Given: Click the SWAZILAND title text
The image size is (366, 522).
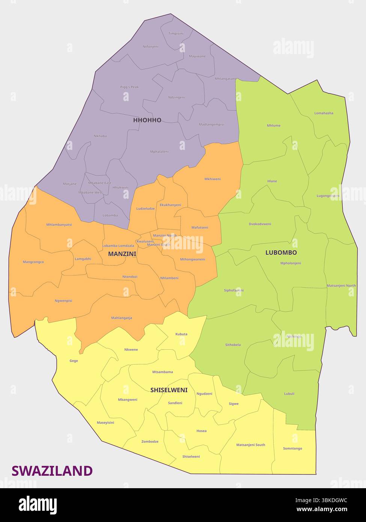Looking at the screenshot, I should [x=52, y=471].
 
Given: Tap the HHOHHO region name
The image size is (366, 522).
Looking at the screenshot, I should [x=147, y=120].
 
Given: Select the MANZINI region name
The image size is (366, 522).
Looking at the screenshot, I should [x=122, y=254].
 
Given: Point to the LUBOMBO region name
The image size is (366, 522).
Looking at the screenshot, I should [x=281, y=253].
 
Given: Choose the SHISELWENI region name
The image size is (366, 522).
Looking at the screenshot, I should [x=169, y=390].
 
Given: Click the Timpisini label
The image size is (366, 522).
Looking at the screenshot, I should [x=176, y=33].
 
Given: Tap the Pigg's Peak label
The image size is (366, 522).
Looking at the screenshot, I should [x=130, y=87].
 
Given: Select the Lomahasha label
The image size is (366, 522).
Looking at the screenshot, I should [x=324, y=113].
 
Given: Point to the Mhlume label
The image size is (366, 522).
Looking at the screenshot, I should [x=274, y=125].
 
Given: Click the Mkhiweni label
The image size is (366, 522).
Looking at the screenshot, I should [x=212, y=179].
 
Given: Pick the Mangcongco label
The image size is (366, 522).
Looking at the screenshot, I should [x=33, y=262].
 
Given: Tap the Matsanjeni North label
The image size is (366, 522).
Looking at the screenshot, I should [x=341, y=286].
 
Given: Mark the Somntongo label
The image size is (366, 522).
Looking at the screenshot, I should [x=292, y=448].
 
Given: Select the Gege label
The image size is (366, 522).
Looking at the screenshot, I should [x=74, y=361].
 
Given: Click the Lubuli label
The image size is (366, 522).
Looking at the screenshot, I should [x=289, y=394].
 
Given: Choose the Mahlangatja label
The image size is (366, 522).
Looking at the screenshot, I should [x=122, y=318].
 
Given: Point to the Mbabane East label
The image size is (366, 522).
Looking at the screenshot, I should [x=99, y=183].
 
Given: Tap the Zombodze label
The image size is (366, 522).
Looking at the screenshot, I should [x=150, y=442].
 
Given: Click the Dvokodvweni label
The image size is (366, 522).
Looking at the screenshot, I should [x=260, y=224].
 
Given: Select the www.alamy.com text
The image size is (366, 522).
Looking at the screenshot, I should [x=322, y=509].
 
